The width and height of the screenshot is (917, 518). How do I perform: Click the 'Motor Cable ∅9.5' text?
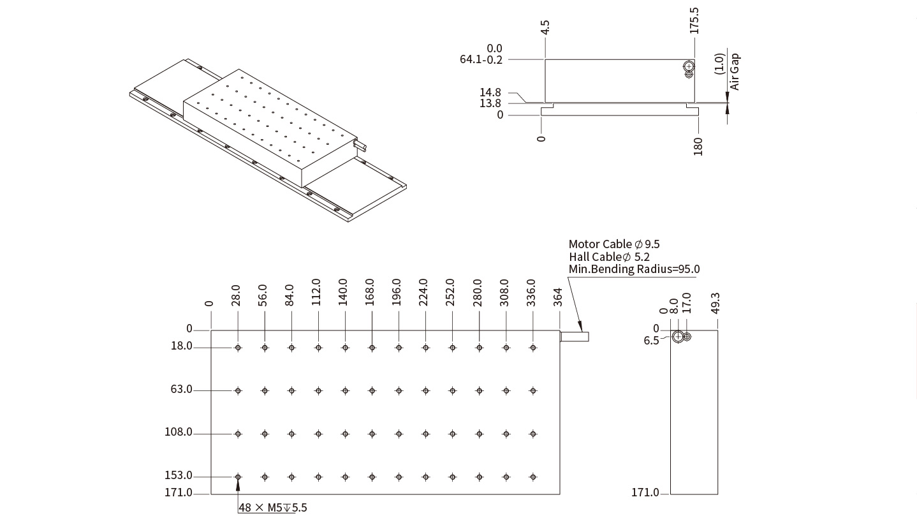pyautogui.click(x=614, y=244)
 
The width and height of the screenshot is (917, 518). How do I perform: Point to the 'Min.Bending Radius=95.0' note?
pyautogui.click(x=634, y=269)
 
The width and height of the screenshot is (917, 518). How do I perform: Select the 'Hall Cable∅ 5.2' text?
pyautogui.click(x=609, y=256)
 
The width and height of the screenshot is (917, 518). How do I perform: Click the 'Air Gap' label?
pyautogui.click(x=735, y=71)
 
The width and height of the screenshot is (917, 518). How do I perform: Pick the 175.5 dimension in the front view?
pyautogui.click(x=694, y=20)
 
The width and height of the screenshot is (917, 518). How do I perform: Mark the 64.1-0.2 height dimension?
pyautogui.click(x=481, y=59)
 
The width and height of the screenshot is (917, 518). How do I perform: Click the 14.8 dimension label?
pyautogui.click(x=490, y=92)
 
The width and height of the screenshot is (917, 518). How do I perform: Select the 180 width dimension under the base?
pyautogui.click(x=698, y=147)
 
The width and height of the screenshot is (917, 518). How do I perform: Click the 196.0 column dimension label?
pyautogui.click(x=396, y=292)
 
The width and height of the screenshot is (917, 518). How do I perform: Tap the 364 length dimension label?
pyautogui.click(x=557, y=297)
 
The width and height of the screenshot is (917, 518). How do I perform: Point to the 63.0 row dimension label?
pyautogui.click(x=181, y=389)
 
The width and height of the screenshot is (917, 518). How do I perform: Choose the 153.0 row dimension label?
pyautogui.click(x=179, y=475)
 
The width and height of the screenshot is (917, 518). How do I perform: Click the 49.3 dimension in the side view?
pyautogui.click(x=715, y=303)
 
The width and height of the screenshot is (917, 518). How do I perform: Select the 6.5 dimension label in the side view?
pyautogui.click(x=651, y=341)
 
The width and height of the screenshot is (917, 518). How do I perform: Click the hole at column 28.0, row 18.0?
pyautogui.click(x=238, y=348)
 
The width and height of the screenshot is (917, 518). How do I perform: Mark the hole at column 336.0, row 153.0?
pyautogui.click(x=533, y=477)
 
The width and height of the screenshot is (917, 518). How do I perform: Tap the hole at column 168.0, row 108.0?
pyautogui.click(x=372, y=434)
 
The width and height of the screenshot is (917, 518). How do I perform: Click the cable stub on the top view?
pyautogui.click(x=575, y=337)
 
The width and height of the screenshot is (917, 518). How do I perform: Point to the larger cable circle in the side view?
pyautogui.click(x=678, y=337)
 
